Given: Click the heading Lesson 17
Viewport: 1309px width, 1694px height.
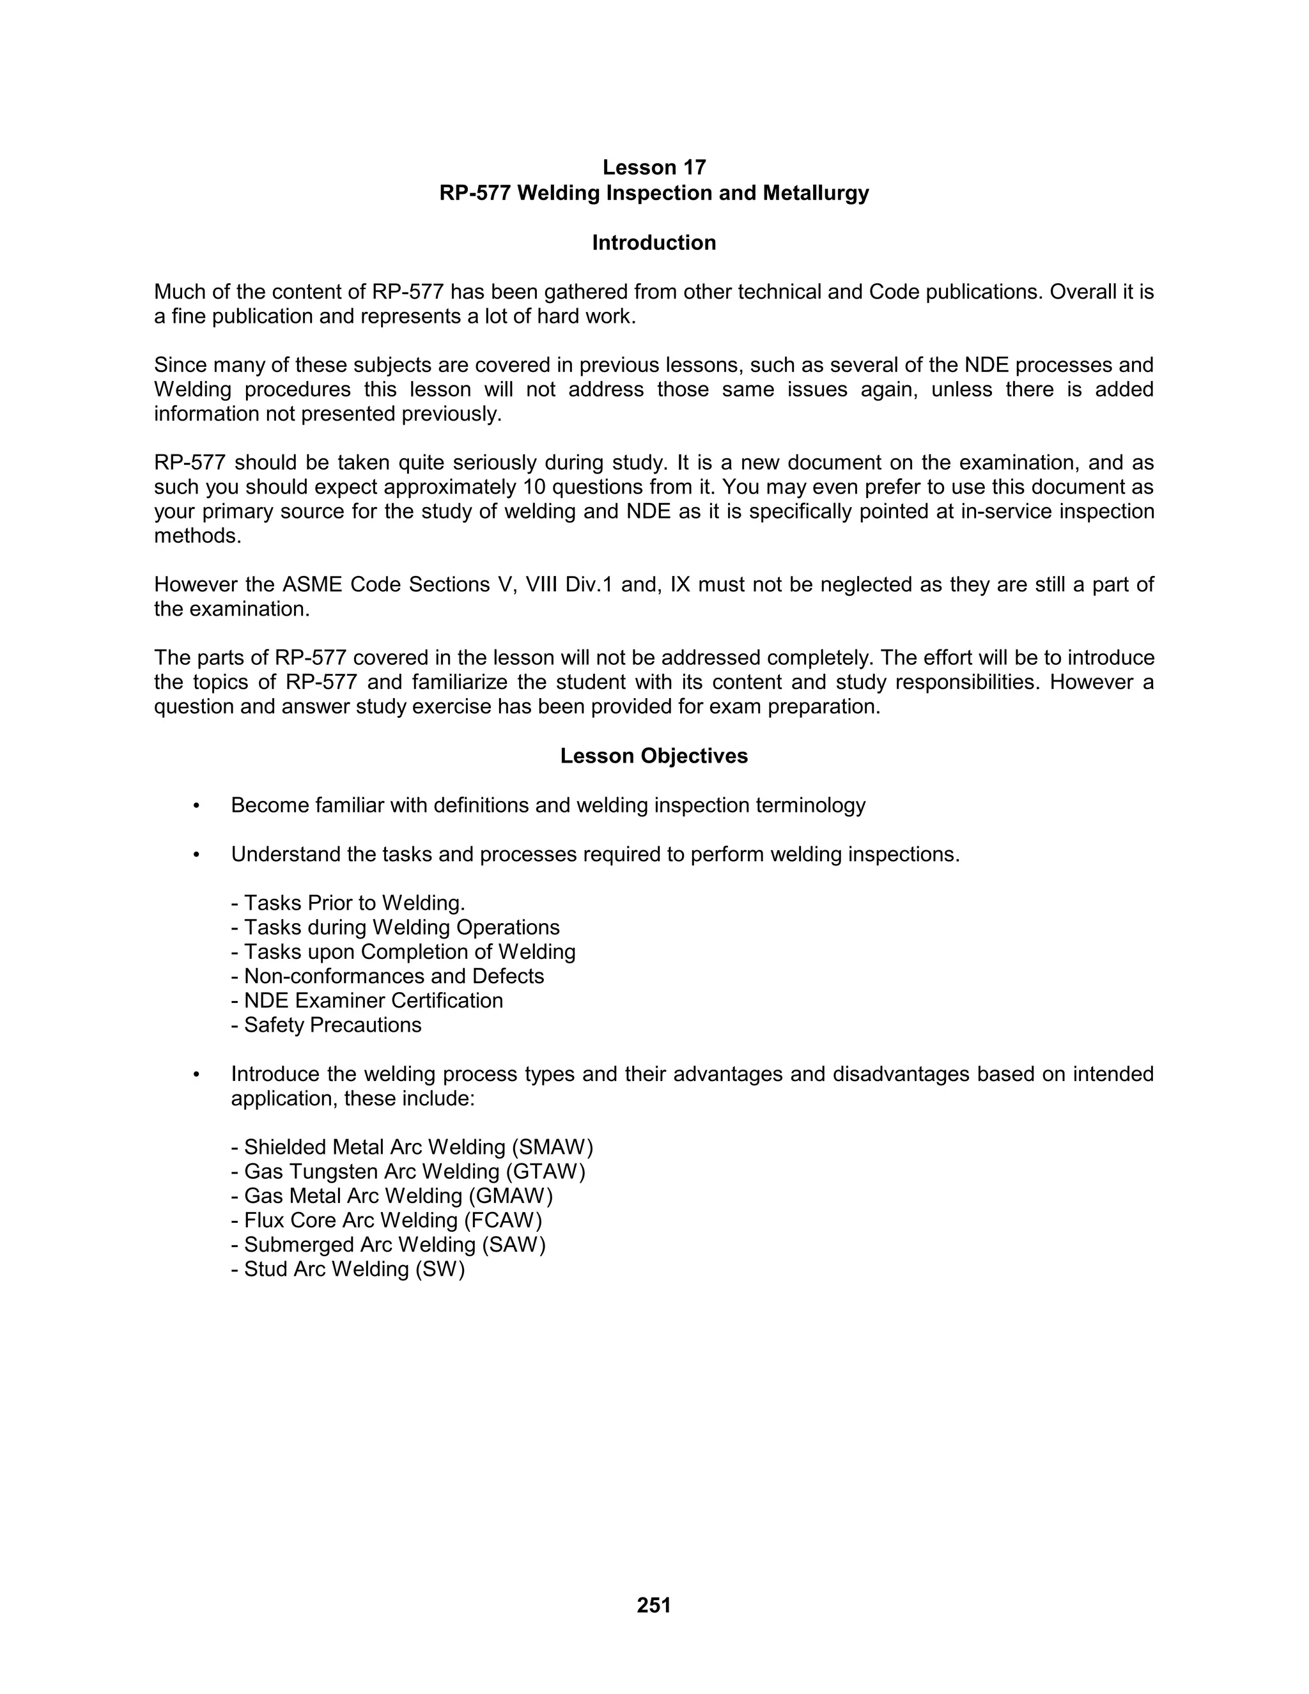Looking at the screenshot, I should (x=654, y=167).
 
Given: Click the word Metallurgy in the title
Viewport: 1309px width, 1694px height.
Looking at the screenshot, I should (x=815, y=192).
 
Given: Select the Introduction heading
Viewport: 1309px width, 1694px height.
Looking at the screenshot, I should (x=654, y=243).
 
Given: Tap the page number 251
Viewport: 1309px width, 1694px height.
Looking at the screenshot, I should (x=654, y=1605).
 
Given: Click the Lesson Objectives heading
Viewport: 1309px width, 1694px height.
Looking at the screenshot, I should (x=654, y=756).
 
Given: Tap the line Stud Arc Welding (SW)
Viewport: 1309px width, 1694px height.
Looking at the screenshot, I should (x=348, y=1269).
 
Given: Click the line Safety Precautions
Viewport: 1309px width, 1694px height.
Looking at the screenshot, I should (x=327, y=1025).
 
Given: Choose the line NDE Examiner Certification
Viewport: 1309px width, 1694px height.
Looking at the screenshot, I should (x=367, y=1000).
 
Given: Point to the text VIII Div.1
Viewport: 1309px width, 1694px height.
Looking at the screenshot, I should (x=569, y=585).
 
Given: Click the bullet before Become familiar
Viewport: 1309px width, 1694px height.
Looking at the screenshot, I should (x=197, y=806).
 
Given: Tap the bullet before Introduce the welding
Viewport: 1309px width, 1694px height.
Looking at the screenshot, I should (x=197, y=1075).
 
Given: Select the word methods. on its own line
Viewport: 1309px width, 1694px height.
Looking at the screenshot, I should (x=198, y=536).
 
